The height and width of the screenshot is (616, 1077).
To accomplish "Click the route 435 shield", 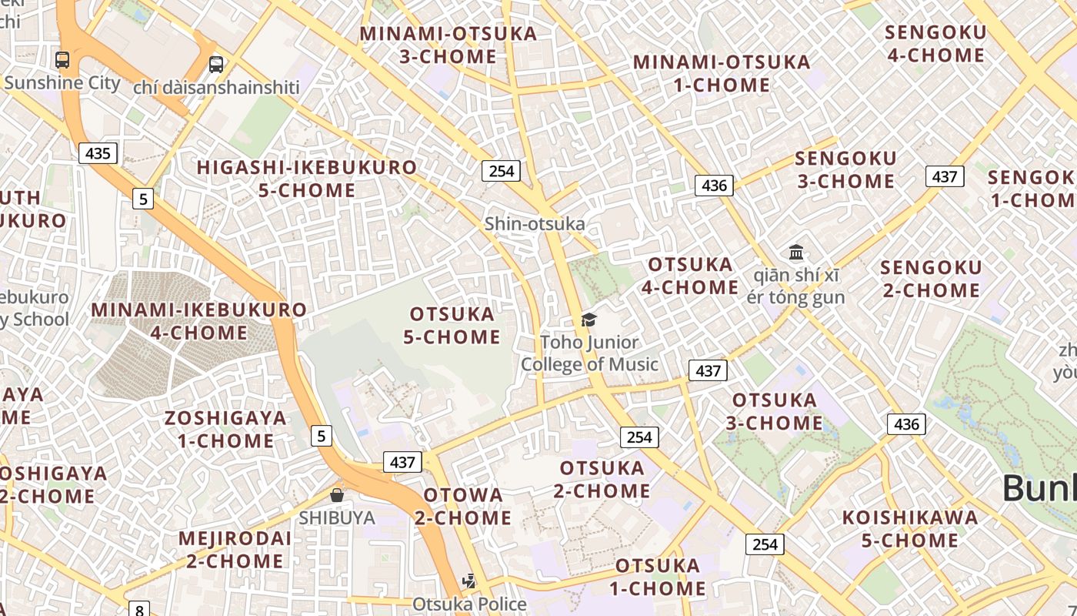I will pos(98,153).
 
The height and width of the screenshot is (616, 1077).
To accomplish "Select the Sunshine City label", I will pos(62,83).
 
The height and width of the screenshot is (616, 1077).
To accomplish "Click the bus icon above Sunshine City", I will pos(62,60).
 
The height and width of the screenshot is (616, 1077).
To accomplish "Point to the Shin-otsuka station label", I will pos(535,224).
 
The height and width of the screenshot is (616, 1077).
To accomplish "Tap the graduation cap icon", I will pos(589,320).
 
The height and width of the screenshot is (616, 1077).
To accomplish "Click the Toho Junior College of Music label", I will pos(589,353).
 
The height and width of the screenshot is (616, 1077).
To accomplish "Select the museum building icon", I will pos(796,252).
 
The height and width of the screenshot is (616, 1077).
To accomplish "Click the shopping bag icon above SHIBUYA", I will pos(336,494).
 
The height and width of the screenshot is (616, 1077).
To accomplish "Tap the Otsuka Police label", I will pos(469,604).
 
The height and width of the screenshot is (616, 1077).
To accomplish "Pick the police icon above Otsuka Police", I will pos(469,581).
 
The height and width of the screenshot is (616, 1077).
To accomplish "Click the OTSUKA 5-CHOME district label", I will pos(452,326).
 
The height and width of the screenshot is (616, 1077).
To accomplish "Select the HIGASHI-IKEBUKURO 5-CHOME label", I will pos(307,179).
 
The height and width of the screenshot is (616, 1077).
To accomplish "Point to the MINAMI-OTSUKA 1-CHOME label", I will pos(722,73).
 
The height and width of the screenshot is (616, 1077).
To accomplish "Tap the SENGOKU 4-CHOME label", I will pos(935,44).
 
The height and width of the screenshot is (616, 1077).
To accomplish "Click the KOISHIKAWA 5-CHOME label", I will pos(910,529).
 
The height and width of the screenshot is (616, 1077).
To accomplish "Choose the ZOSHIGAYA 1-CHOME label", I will pos(225,430).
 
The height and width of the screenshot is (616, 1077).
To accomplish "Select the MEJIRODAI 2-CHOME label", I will pos(235,549).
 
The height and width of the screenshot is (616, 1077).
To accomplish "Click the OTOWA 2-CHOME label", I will pos(463,506).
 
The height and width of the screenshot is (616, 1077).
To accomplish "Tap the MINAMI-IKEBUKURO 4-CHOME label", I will pos(199,321).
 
